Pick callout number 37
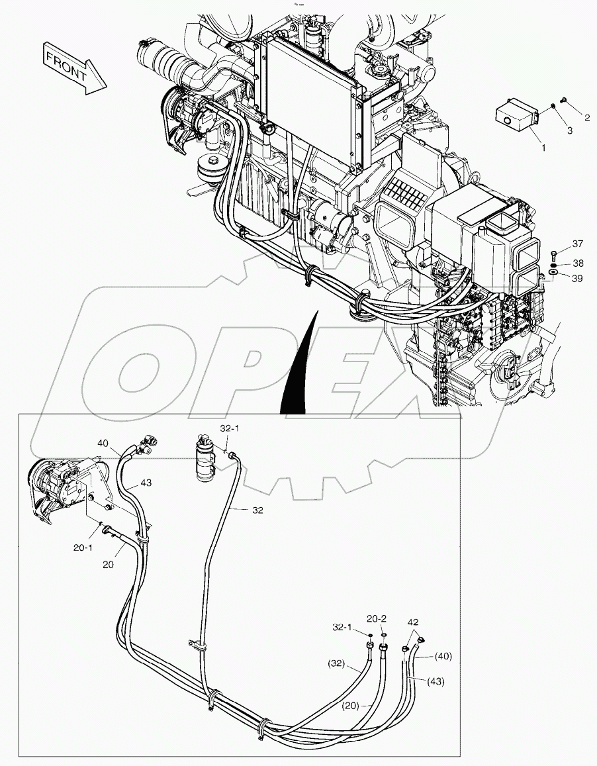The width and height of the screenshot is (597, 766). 577,244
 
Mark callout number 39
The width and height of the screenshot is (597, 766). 577,279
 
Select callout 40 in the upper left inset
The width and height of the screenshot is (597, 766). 103,443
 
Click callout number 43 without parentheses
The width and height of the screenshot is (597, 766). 145,483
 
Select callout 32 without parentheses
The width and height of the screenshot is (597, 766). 257,510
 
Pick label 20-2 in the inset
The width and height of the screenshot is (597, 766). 377,618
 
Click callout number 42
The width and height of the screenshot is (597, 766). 413,622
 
